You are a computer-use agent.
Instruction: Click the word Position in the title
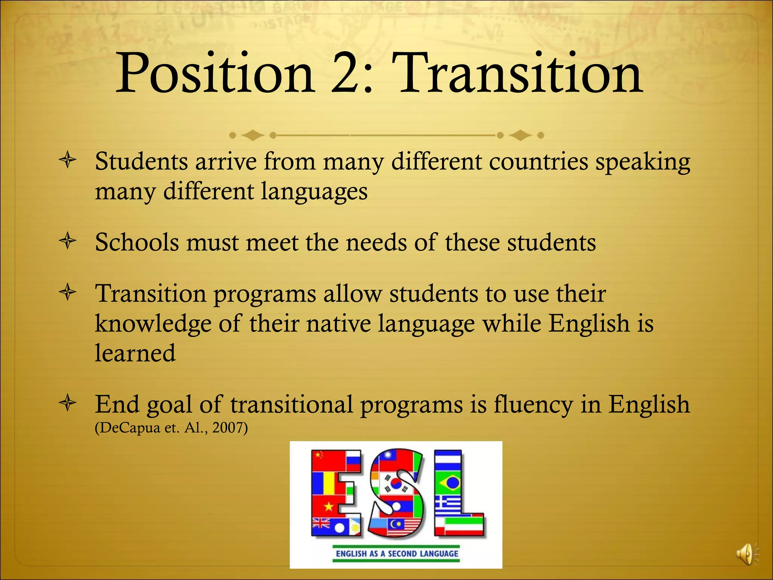pos(215,74)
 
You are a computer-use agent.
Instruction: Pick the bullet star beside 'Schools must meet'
pos(68,242)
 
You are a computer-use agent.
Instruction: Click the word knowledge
pos(153,324)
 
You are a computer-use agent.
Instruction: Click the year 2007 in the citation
pos(228,428)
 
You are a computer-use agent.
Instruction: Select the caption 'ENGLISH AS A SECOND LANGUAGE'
pos(397,554)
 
